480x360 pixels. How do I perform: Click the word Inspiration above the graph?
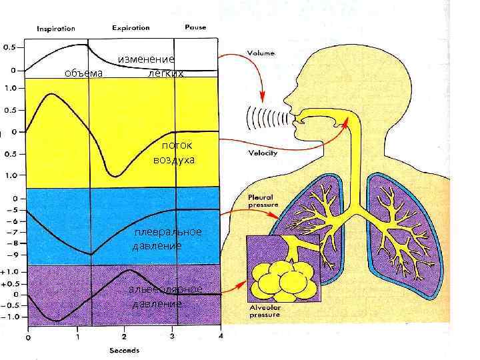click(56, 29)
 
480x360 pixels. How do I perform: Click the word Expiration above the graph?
click(131, 29)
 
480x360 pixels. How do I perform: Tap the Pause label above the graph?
click(195, 28)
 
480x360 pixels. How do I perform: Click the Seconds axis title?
click(124, 350)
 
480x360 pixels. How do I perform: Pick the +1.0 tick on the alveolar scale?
click(13, 272)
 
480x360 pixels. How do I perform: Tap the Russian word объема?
click(83, 73)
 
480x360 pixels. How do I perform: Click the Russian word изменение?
click(146, 60)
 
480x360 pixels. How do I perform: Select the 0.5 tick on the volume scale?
click(11, 48)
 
